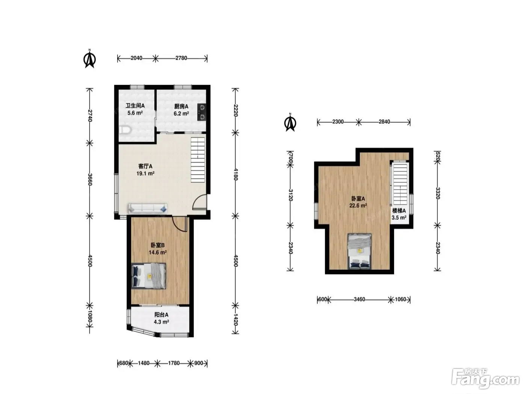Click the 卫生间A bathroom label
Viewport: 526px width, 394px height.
click(135, 105)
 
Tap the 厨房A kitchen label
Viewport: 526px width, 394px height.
click(181, 106)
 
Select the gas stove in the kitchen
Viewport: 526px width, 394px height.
click(201, 112)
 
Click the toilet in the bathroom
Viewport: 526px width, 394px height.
click(125, 130)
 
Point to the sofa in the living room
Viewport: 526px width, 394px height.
click(148, 208)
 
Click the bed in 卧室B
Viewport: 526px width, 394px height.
click(148, 276)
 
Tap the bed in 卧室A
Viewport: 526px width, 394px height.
click(360, 251)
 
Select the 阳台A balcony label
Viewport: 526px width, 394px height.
click(161, 314)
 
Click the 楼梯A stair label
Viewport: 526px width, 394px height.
click(399, 211)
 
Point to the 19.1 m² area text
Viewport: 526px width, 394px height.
click(145, 173)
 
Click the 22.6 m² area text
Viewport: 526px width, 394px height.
click(358, 205)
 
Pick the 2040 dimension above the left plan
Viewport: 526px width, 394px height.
click(136, 58)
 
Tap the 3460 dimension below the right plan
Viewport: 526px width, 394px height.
click(359, 299)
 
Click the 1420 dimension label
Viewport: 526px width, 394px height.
click(235, 320)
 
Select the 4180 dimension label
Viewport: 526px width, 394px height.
click(235, 174)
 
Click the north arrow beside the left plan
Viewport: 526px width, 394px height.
click(90, 59)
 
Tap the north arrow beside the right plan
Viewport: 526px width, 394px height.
click(290, 122)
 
